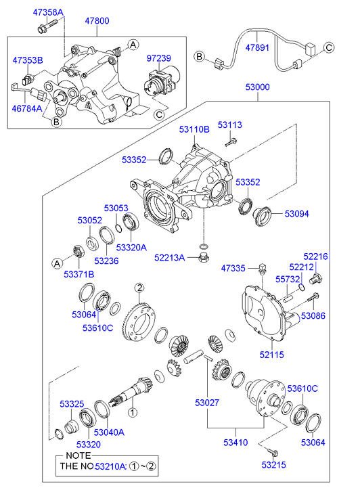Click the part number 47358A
click(48, 12)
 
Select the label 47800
click(97, 21)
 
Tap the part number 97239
click(159, 58)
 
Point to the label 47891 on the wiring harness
click(257, 47)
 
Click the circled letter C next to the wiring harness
click(329, 47)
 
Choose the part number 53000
click(257, 87)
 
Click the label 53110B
click(194, 129)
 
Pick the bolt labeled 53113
click(231, 143)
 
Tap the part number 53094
click(296, 214)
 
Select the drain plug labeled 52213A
click(204, 257)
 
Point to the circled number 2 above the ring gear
click(139, 288)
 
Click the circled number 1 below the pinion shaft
click(133, 412)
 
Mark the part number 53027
click(207, 403)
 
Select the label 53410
click(235, 443)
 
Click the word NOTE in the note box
click(78, 455)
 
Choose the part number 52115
click(271, 355)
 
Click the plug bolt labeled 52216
click(316, 279)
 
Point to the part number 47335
click(233, 268)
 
